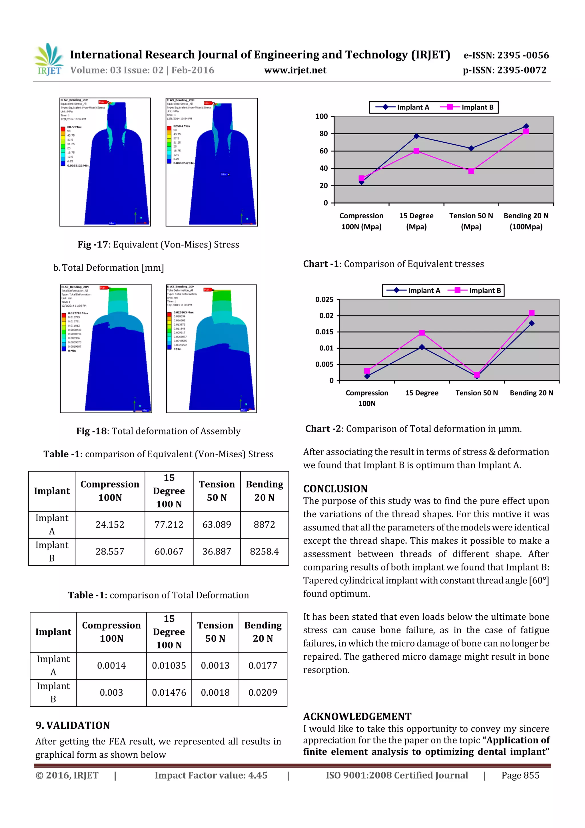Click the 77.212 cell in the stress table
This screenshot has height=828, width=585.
[169, 524]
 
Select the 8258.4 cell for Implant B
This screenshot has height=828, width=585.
[264, 551]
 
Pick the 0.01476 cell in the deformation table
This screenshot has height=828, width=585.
[169, 693]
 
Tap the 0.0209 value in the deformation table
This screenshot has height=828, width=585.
[263, 693]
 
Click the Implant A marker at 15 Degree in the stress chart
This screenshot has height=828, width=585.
[416, 136]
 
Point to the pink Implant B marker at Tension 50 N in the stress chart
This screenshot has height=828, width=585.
[471, 171]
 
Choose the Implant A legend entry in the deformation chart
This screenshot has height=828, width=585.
[414, 291]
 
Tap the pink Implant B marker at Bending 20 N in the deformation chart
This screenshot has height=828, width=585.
[531, 313]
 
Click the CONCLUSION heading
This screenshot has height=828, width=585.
[335, 489]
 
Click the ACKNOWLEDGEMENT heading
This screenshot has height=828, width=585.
[357, 717]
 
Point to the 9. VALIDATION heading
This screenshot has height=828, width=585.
[73, 725]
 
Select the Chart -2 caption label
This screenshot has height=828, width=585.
[323, 429]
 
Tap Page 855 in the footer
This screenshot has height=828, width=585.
[520, 775]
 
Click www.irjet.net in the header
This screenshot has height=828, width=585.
[295, 70]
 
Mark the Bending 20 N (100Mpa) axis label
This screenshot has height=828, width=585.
[526, 221]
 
